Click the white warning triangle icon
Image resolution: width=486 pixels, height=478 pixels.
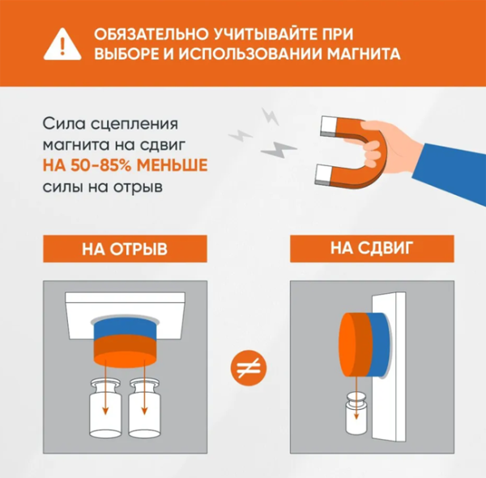62,45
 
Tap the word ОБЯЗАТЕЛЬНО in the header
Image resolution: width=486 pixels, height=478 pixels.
151,34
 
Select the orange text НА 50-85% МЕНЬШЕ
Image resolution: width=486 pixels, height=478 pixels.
125,165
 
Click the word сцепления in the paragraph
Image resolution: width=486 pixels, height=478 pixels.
134,125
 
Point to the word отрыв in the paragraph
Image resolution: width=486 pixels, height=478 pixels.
138,187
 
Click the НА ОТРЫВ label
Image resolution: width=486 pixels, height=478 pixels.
125,249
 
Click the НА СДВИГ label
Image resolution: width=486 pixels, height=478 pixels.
372,249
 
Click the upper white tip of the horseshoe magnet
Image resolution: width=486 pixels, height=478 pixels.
330,126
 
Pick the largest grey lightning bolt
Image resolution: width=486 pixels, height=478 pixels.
279,150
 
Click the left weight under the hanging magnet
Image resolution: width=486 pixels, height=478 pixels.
105,408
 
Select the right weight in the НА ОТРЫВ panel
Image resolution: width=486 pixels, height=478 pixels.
144,408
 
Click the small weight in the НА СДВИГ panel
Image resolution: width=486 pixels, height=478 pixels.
356,413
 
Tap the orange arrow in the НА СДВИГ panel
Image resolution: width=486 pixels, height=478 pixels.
356,398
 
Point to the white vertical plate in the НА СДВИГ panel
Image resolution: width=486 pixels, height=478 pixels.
389,366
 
